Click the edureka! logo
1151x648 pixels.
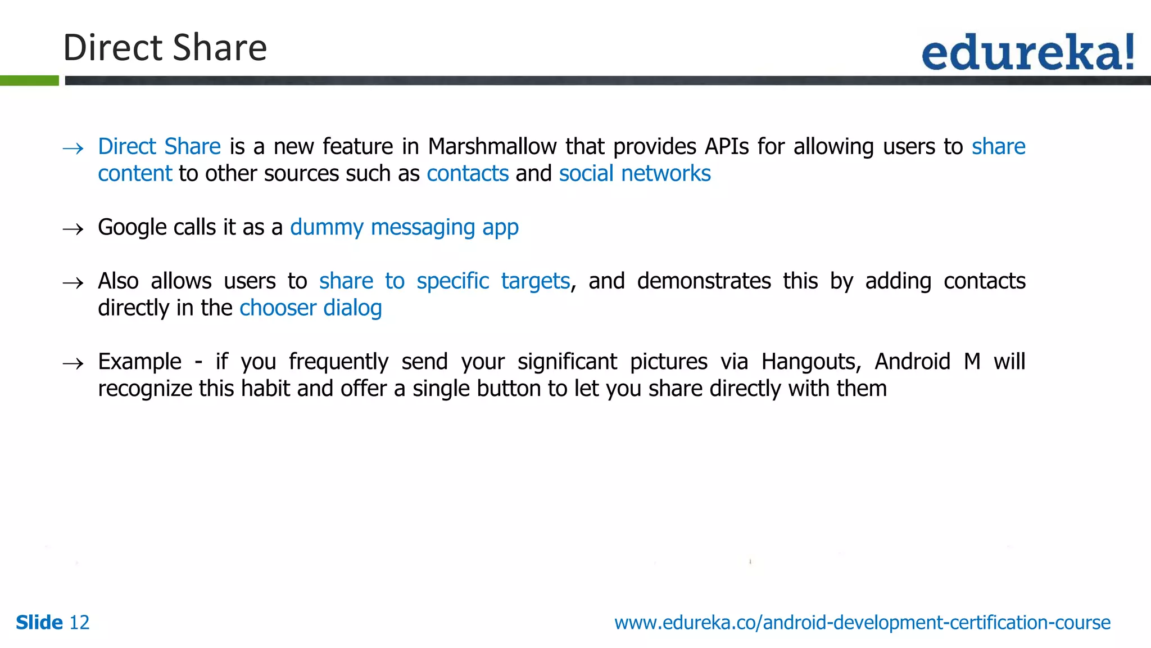pyautogui.click(x=1027, y=52)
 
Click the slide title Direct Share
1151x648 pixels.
pyautogui.click(x=165, y=47)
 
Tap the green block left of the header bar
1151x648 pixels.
pyautogui.click(x=29, y=80)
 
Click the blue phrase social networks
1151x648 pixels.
pyautogui.click(x=635, y=173)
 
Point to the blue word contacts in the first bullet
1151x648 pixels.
pyautogui.click(x=468, y=173)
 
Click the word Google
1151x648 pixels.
pyautogui.click(x=133, y=227)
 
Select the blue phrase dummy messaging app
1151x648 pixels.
pyautogui.click(x=404, y=227)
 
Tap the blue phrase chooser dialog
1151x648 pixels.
pyautogui.click(x=310, y=308)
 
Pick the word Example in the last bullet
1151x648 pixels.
pyautogui.click(x=139, y=362)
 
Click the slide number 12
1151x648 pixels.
pyautogui.click(x=79, y=623)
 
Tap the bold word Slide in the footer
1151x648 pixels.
pyautogui.click(x=39, y=623)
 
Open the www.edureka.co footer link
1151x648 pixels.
pyautogui.click(x=862, y=623)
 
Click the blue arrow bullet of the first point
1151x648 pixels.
pyautogui.click(x=73, y=148)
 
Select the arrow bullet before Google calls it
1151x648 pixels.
pyautogui.click(x=73, y=229)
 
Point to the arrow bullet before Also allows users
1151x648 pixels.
pyautogui.click(x=73, y=282)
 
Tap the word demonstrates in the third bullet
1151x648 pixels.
pyautogui.click(x=704, y=281)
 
